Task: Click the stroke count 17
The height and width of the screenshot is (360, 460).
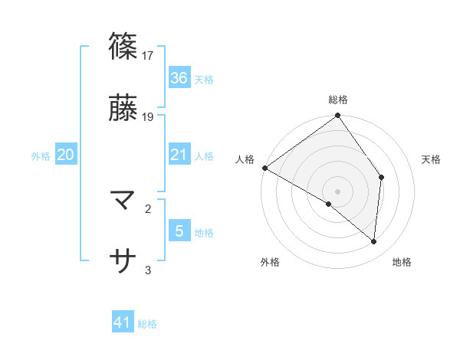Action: coord(149,55)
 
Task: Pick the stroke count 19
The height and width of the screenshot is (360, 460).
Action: coord(149,117)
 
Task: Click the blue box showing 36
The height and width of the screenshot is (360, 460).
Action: coord(179,78)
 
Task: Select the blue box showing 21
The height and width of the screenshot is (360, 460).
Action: coord(179,155)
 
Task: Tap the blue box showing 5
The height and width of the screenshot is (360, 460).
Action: coord(179,231)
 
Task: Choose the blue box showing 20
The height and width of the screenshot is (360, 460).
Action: coord(65,155)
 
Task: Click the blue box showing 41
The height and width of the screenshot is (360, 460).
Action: coord(123,323)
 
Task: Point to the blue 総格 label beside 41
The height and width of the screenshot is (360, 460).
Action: coord(147,324)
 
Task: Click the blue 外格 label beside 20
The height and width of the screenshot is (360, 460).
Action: coord(41,156)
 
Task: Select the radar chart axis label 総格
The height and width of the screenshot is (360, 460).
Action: coord(338,100)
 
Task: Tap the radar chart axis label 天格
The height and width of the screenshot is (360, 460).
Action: coord(432,159)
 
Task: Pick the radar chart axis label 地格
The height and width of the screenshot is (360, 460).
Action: coord(402,263)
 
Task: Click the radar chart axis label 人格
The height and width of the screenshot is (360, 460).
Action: coord(245,159)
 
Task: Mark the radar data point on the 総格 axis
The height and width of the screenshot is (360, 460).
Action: coord(338,117)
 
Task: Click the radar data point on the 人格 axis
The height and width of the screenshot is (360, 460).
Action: coord(264,168)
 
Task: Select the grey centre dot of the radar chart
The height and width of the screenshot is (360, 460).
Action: coord(338,191)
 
